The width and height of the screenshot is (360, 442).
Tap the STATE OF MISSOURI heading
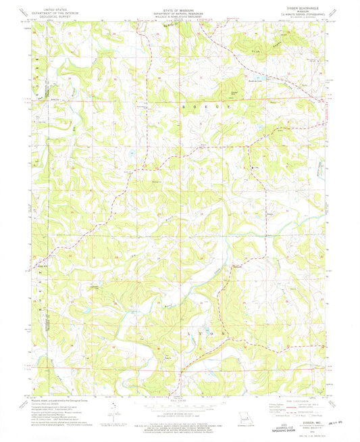tap(179, 5)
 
